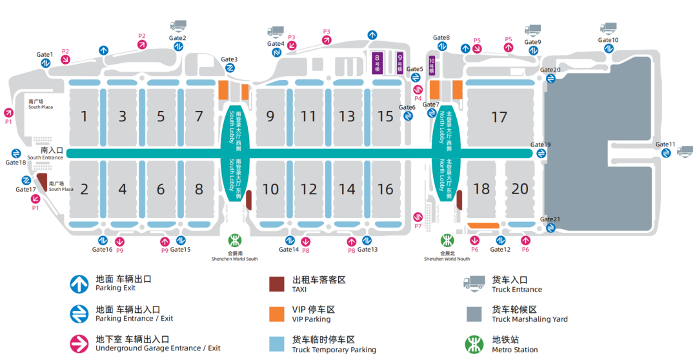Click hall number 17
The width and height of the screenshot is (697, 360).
coord(499,117)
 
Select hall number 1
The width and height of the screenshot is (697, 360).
coord(83,117)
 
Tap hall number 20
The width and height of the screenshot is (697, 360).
coord(520,189)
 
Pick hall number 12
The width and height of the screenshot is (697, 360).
coord(309,189)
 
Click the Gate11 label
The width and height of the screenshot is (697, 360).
coord(665,144)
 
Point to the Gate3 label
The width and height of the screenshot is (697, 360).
coord(229,59)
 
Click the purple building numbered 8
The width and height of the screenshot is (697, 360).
coord(378,63)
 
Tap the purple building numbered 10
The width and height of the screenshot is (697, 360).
coord(432,65)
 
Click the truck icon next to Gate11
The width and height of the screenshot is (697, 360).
coord(685,151)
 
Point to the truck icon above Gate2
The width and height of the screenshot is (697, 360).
coord(178,25)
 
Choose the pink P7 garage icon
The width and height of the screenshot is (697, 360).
coord(418,216)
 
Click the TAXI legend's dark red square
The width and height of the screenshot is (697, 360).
coord(277,284)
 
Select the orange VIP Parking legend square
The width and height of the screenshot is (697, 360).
coord(277,314)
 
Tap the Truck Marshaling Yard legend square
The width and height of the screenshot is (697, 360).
coord(474,314)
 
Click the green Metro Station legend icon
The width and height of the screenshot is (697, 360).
coord(474,343)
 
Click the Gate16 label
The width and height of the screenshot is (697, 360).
coord(102,250)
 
